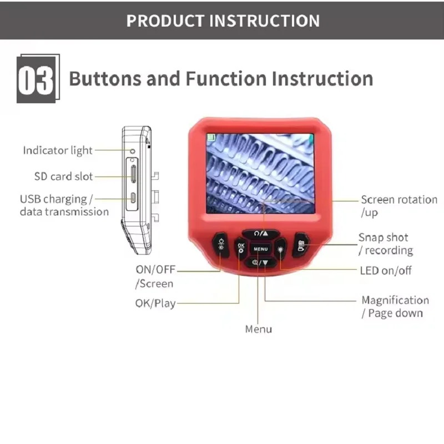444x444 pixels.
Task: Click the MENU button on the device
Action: [260, 249]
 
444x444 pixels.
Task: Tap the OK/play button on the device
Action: [241, 248]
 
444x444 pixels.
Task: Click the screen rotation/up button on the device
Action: [261, 234]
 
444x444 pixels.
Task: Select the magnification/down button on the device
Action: [260, 263]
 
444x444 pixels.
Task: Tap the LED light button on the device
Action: [280, 249]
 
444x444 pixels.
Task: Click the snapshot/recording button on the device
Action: [301, 245]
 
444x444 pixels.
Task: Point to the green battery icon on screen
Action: [211, 138]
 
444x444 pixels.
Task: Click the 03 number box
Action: [36, 79]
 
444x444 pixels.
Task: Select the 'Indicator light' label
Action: [58, 150]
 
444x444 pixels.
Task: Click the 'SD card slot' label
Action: [63, 176]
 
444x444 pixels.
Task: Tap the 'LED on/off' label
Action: [386, 271]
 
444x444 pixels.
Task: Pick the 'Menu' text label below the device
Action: [259, 329]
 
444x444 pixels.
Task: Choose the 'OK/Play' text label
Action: [155, 303]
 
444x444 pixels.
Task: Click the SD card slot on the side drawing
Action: [133, 174]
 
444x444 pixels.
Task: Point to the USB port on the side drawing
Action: [133, 198]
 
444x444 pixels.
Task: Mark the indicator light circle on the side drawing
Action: [132, 151]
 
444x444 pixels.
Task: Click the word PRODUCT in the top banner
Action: [165, 21]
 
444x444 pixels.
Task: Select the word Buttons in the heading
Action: [105, 78]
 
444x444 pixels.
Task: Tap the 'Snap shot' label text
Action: [384, 238]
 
